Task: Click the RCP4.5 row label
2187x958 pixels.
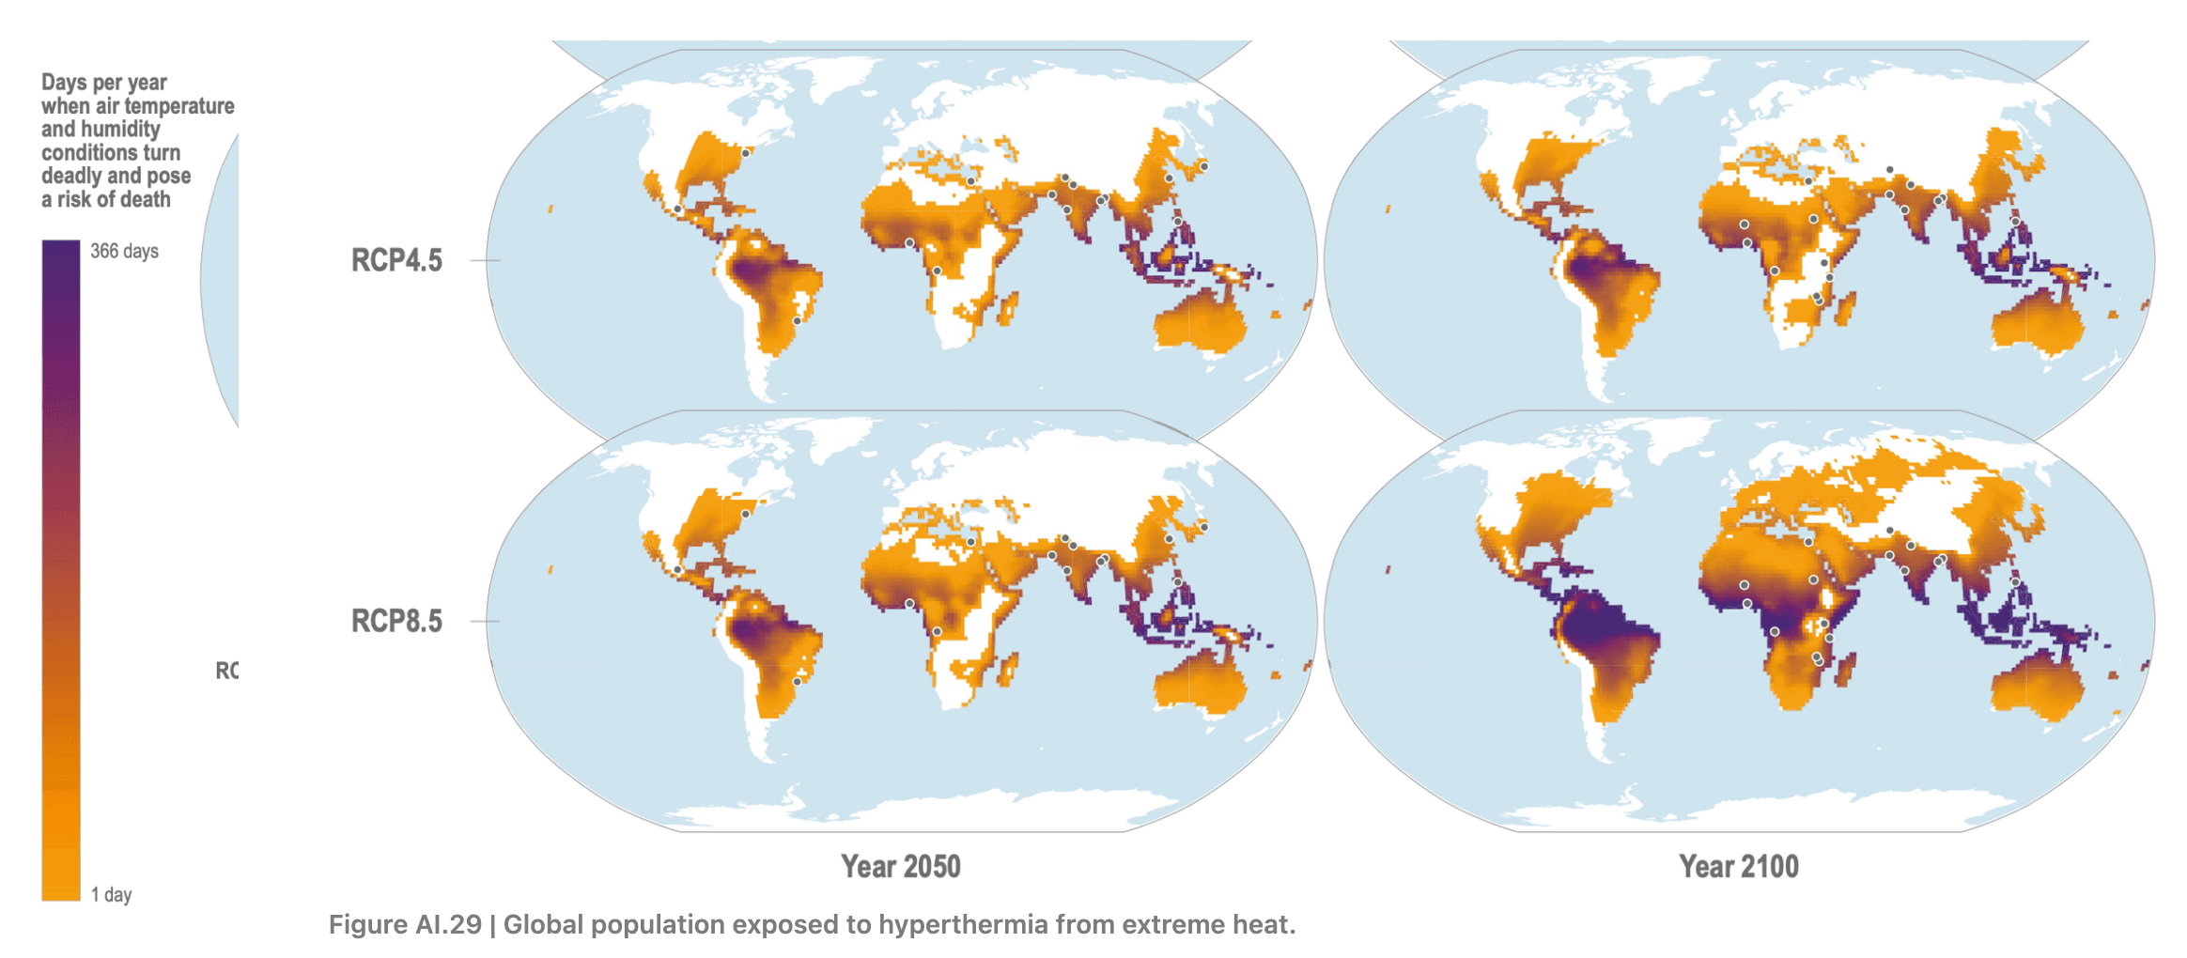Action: click(x=396, y=260)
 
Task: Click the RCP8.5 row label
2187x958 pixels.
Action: click(x=396, y=621)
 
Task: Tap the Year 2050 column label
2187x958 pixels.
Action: click(x=900, y=866)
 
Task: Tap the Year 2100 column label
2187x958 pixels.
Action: click(x=1738, y=866)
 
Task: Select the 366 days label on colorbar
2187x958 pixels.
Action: click(x=124, y=251)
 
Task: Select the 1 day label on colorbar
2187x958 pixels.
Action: click(x=111, y=894)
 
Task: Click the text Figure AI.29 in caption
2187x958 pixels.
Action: click(x=404, y=924)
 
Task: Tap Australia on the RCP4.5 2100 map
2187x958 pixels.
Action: click(x=2037, y=324)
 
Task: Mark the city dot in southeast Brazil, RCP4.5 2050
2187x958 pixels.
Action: click(x=797, y=321)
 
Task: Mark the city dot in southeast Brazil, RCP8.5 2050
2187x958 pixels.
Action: click(x=797, y=682)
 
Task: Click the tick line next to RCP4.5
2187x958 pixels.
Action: click(x=484, y=260)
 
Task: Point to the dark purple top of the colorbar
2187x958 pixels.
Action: click(x=60, y=258)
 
